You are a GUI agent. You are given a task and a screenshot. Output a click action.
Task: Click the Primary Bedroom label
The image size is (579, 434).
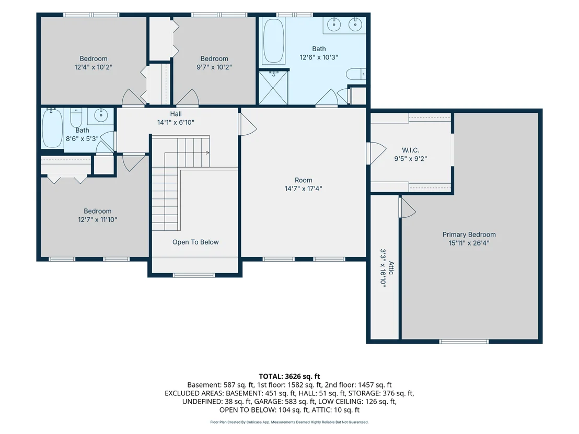coord(469,234)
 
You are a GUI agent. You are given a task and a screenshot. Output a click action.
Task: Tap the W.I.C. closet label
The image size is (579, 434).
coord(410,150)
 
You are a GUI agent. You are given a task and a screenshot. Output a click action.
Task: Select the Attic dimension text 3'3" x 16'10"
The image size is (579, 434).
coord(383,268)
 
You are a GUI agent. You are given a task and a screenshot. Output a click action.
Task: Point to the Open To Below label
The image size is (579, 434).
coord(195,242)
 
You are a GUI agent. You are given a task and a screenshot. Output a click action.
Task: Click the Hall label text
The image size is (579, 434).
coord(176,114)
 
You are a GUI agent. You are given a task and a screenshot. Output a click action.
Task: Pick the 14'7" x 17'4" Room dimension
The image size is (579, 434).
coord(303,189)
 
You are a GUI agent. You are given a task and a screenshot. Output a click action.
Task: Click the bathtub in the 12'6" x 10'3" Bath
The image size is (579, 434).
coord(274,41)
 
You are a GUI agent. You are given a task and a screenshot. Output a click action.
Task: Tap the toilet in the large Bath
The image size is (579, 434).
coord(356,74)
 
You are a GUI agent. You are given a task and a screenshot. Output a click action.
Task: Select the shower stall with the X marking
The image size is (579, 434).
coord(273,88)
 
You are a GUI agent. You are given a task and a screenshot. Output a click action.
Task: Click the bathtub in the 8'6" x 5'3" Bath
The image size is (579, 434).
coord(52,127)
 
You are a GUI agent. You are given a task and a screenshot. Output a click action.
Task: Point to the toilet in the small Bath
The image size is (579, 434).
coord(76,117)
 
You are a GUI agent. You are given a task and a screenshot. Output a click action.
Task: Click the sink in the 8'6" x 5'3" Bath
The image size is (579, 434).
coord(100,115)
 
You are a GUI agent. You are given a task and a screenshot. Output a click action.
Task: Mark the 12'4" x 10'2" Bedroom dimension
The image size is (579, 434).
coord(94,67)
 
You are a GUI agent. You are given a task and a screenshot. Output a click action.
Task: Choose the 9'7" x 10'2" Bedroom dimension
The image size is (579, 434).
coord(214,67)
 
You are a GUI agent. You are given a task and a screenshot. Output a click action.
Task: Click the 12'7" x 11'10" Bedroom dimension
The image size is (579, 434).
coord(98,219)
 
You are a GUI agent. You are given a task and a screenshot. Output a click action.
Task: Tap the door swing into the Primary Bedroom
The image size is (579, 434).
coord(408,207)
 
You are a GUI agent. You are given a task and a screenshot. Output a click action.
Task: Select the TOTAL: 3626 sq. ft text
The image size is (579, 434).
coord(289,377)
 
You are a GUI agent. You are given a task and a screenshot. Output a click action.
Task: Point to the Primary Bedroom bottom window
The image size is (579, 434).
coord(464,342)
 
